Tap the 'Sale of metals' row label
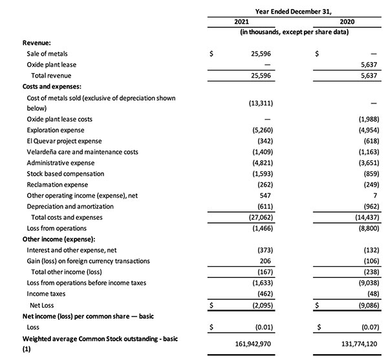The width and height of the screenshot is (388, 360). pos(47,54)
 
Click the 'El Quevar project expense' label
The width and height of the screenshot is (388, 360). pos(64,141)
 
